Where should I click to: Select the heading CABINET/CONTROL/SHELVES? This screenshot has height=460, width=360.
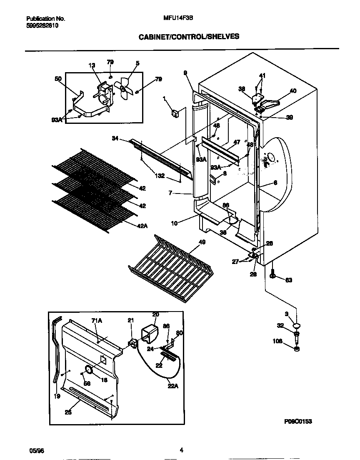click(189, 37)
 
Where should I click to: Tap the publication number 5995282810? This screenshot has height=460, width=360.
click(42, 25)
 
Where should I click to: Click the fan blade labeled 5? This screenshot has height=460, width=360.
click(124, 88)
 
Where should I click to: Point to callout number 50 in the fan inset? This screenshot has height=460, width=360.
click(58, 79)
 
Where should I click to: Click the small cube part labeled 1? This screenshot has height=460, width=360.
click(175, 113)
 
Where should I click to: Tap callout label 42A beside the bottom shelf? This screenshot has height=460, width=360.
click(142, 226)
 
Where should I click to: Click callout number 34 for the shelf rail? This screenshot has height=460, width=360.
click(115, 138)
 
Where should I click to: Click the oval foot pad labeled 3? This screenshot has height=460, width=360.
click(296, 326)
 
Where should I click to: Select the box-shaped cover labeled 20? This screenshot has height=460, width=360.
click(152, 327)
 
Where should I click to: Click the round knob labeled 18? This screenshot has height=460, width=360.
click(88, 369)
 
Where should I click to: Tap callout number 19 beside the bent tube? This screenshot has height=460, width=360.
click(57, 396)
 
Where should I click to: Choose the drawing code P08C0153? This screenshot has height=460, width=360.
click(297, 422)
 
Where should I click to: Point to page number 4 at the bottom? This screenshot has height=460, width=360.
click(181, 450)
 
